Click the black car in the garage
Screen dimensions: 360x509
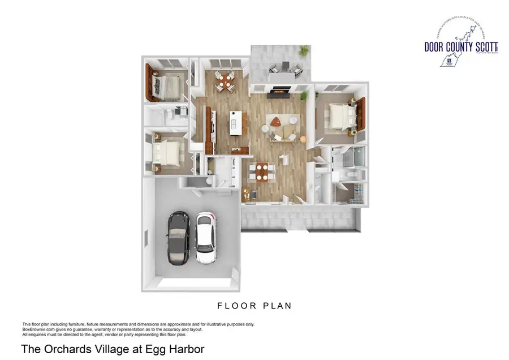179,238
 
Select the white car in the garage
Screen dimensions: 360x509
206,238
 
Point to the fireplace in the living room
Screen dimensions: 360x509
279,89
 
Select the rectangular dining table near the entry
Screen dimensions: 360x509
261,172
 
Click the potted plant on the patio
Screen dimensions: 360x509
304,52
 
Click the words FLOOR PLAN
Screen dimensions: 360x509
255,306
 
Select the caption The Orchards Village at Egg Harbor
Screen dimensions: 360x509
112,349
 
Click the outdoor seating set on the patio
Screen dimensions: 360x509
280,68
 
